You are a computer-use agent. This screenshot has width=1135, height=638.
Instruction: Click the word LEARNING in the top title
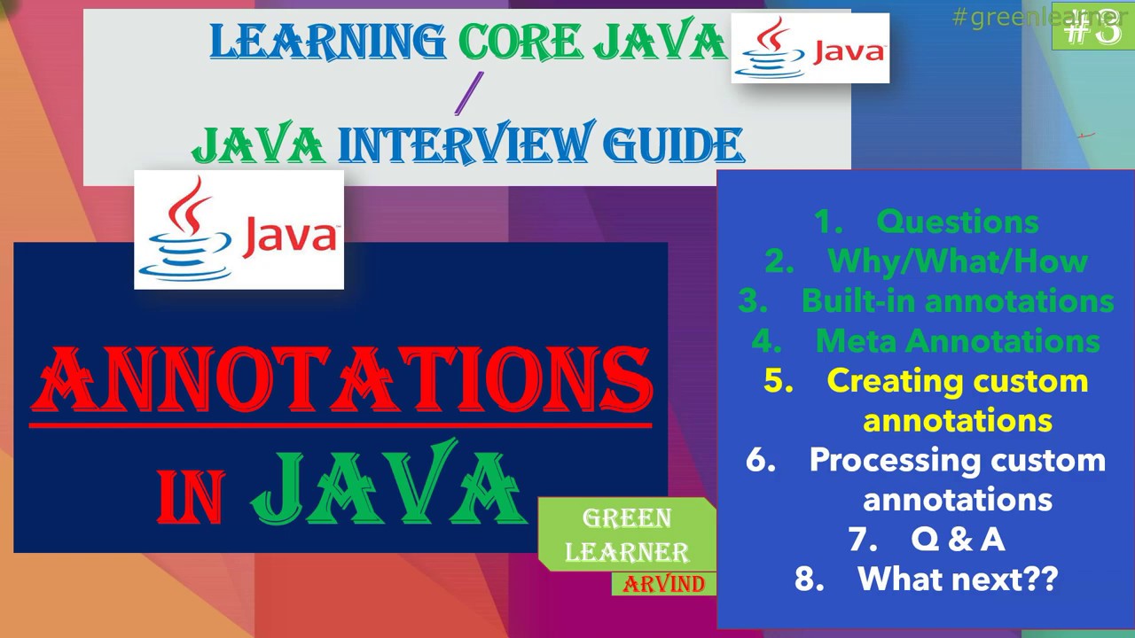[328, 42]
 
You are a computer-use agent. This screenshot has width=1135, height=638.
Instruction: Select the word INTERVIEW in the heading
[462, 145]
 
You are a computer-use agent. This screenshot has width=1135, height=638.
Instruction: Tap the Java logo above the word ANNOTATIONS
[239, 230]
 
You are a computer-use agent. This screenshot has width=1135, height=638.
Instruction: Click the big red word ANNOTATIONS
[341, 381]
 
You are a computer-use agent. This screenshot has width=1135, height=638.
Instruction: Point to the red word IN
[191, 496]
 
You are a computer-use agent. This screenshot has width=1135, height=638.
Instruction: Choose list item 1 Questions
[957, 222]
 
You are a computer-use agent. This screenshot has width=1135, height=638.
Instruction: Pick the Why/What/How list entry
[957, 261]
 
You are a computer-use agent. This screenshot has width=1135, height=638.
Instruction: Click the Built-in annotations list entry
[957, 301]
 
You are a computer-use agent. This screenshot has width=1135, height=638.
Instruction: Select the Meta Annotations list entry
[957, 341]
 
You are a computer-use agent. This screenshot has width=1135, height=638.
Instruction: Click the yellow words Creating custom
[957, 381]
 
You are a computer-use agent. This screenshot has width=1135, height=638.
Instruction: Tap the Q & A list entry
[957, 539]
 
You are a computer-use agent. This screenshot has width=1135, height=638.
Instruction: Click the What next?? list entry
[957, 579]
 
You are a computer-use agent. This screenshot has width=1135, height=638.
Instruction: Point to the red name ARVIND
[664, 584]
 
